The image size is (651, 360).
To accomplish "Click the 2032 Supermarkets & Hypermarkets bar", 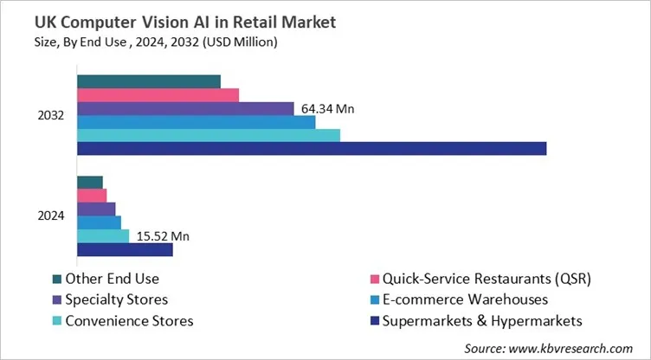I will point(312,149).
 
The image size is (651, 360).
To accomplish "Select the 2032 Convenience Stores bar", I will point(209,135).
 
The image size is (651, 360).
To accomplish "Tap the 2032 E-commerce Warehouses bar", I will point(196,122).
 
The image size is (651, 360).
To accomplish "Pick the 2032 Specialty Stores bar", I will point(185,108).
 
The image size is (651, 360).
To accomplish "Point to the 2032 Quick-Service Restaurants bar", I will point(158,95).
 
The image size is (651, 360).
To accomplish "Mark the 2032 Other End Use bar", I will point(149,82).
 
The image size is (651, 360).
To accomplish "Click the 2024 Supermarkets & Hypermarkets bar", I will point(125,250).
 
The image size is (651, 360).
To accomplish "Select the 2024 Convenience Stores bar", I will point(103,236).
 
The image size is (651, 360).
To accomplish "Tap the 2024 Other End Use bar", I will point(90,183).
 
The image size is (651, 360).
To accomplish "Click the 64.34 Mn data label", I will point(328,109).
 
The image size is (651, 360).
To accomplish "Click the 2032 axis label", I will point(51,115).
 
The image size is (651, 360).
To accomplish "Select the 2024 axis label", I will point(51,216).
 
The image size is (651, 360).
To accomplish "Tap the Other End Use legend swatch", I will point(58,279).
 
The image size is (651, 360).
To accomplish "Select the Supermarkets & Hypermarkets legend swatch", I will point(375,321).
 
